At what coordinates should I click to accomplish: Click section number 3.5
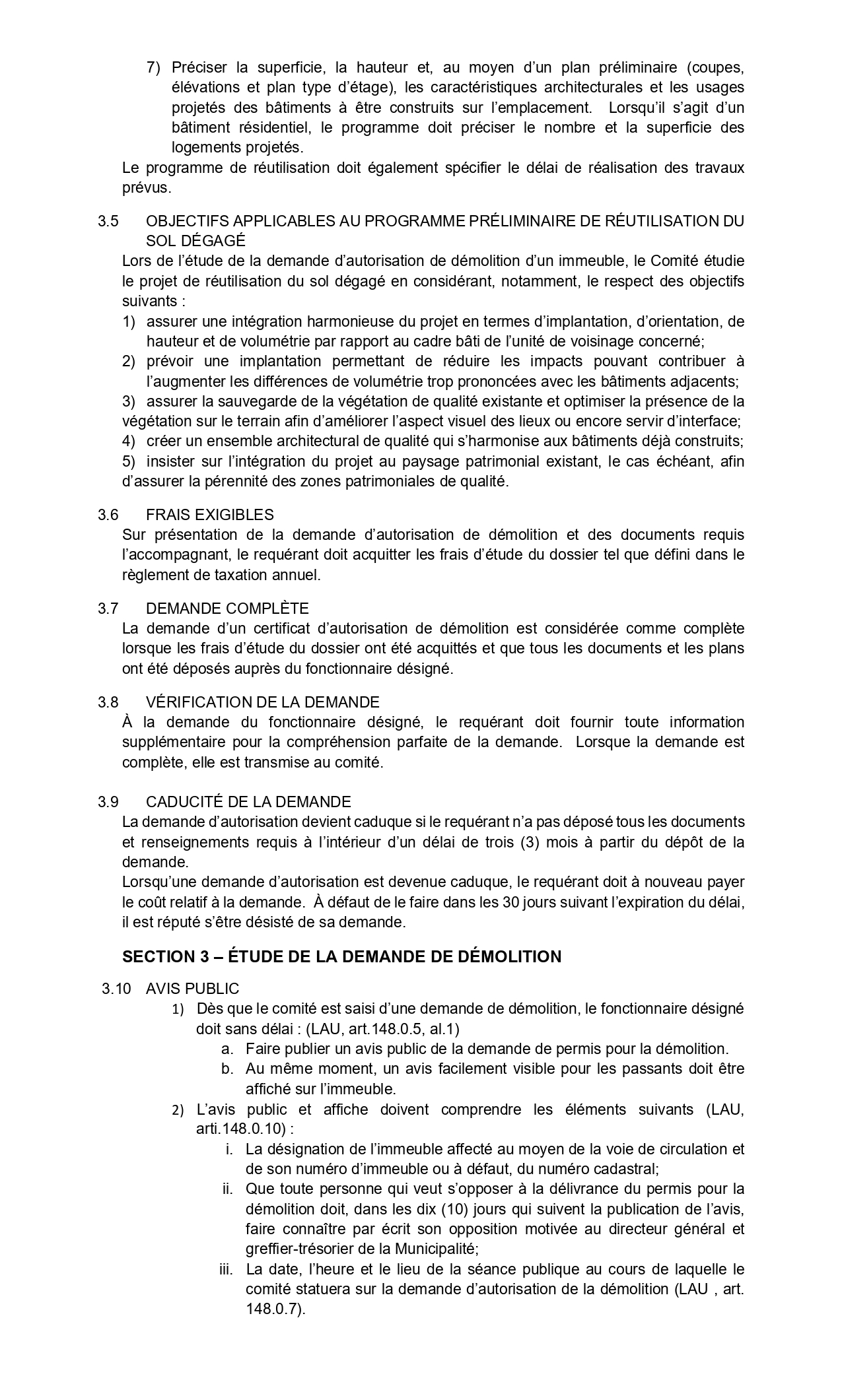[x=108, y=221]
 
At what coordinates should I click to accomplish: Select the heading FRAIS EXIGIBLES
[x=209, y=514]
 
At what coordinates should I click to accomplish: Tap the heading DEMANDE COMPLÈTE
[x=227, y=608]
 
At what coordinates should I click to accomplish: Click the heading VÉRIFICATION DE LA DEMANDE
[x=262, y=702]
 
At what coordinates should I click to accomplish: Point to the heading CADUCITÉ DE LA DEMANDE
[x=248, y=802]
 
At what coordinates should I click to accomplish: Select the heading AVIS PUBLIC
[x=192, y=988]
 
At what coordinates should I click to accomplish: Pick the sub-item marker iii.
[x=227, y=1269]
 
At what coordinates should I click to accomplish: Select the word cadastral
[x=628, y=1168]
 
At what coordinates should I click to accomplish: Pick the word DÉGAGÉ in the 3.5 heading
[x=195, y=241]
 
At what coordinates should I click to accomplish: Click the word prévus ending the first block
[x=146, y=187]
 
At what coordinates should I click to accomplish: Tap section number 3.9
[x=108, y=802]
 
